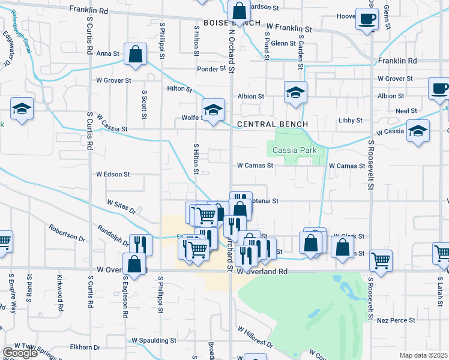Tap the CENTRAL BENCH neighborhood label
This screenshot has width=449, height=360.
click(273, 124)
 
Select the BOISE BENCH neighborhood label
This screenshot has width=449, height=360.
click(232, 23)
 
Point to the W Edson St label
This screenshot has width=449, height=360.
click(113, 175)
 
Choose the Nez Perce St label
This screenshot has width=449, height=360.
click(396, 320)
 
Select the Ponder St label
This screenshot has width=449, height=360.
click(211, 69)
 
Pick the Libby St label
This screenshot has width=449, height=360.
click(350, 121)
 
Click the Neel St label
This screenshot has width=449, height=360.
click(406, 111)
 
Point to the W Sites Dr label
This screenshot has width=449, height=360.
click(122, 206)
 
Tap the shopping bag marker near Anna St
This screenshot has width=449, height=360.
click(136, 53)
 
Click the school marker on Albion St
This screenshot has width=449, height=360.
click(295, 92)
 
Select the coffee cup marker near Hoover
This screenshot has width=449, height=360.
click(366, 18)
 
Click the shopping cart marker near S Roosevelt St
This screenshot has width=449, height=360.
click(381, 260)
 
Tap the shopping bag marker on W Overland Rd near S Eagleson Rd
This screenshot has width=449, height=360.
click(134, 263)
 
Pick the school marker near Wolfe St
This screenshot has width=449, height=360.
click(212, 109)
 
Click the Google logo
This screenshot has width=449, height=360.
click(20, 353)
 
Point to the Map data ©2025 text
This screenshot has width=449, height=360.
click(423, 355)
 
